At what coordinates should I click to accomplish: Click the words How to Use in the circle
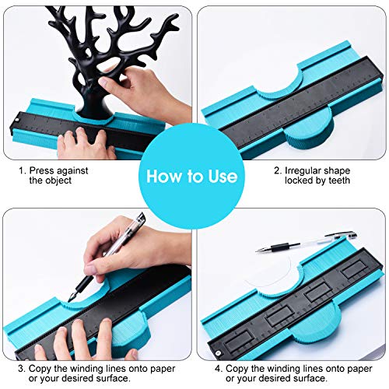click(x=191, y=177)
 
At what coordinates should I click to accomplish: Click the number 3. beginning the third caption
click(x=22, y=369)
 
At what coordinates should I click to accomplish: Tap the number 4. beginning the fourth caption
click(x=219, y=369)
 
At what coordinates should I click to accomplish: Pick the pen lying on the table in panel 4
click(x=306, y=242)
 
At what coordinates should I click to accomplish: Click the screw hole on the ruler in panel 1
click(x=17, y=120)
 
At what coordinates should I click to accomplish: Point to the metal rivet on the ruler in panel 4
click(x=219, y=352)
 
